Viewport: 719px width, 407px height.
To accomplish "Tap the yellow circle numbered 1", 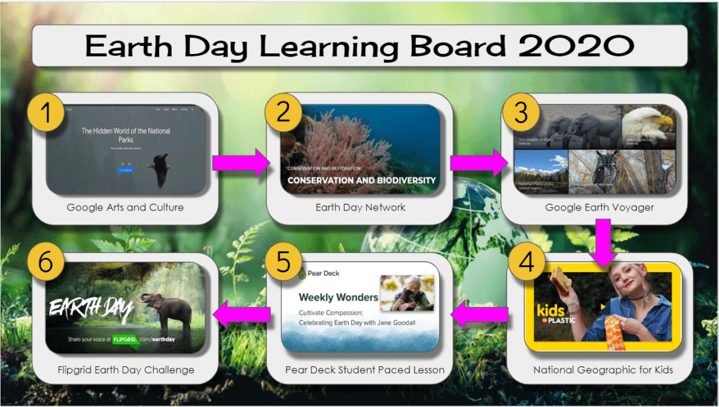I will [x=46, y=113].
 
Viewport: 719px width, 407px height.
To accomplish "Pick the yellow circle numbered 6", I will [x=46, y=262].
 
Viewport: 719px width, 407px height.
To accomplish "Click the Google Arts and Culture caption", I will [x=125, y=207].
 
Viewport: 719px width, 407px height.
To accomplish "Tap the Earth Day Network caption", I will [x=360, y=207].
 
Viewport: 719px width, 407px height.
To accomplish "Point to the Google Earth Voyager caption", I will [x=599, y=207].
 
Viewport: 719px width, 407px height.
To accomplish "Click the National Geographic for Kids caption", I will [x=603, y=370].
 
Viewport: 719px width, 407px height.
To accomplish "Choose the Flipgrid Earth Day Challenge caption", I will [x=125, y=370].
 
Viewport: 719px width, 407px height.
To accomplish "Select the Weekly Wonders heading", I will [x=338, y=297].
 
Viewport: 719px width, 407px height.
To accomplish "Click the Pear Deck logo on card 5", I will [x=319, y=273].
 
